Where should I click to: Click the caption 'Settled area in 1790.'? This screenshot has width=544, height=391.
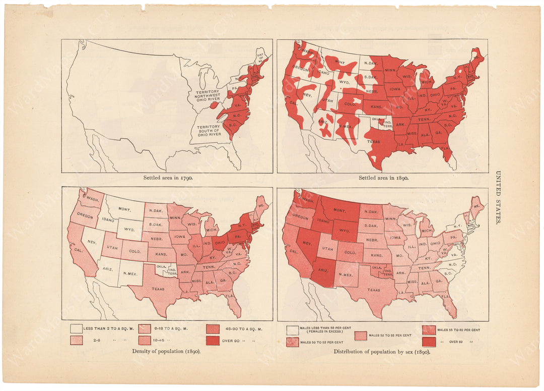pyautogui.click(x=167, y=178)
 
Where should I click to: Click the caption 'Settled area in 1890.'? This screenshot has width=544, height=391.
pyautogui.click(x=383, y=178)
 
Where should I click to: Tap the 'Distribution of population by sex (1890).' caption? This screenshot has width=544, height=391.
pyautogui.click(x=382, y=352)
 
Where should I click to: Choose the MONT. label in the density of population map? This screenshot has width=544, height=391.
pyautogui.click(x=124, y=209)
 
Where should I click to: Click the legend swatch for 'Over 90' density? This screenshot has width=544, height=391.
pyautogui.click(x=212, y=341)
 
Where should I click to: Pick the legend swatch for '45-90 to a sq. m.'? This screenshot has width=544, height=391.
pyautogui.click(x=212, y=329)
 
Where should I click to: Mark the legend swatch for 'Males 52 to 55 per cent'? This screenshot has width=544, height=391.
pyautogui.click(x=360, y=336)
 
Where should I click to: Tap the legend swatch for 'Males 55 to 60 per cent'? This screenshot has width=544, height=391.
pyautogui.click(x=429, y=330)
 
